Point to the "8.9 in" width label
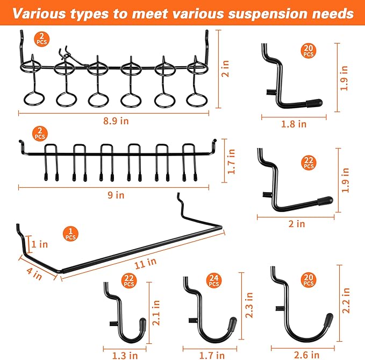[x=117, y=121]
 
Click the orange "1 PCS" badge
[x=71, y=234]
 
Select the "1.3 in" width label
[x=125, y=355]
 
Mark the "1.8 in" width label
[x=294, y=124]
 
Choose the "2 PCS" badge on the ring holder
[x=40, y=39]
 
